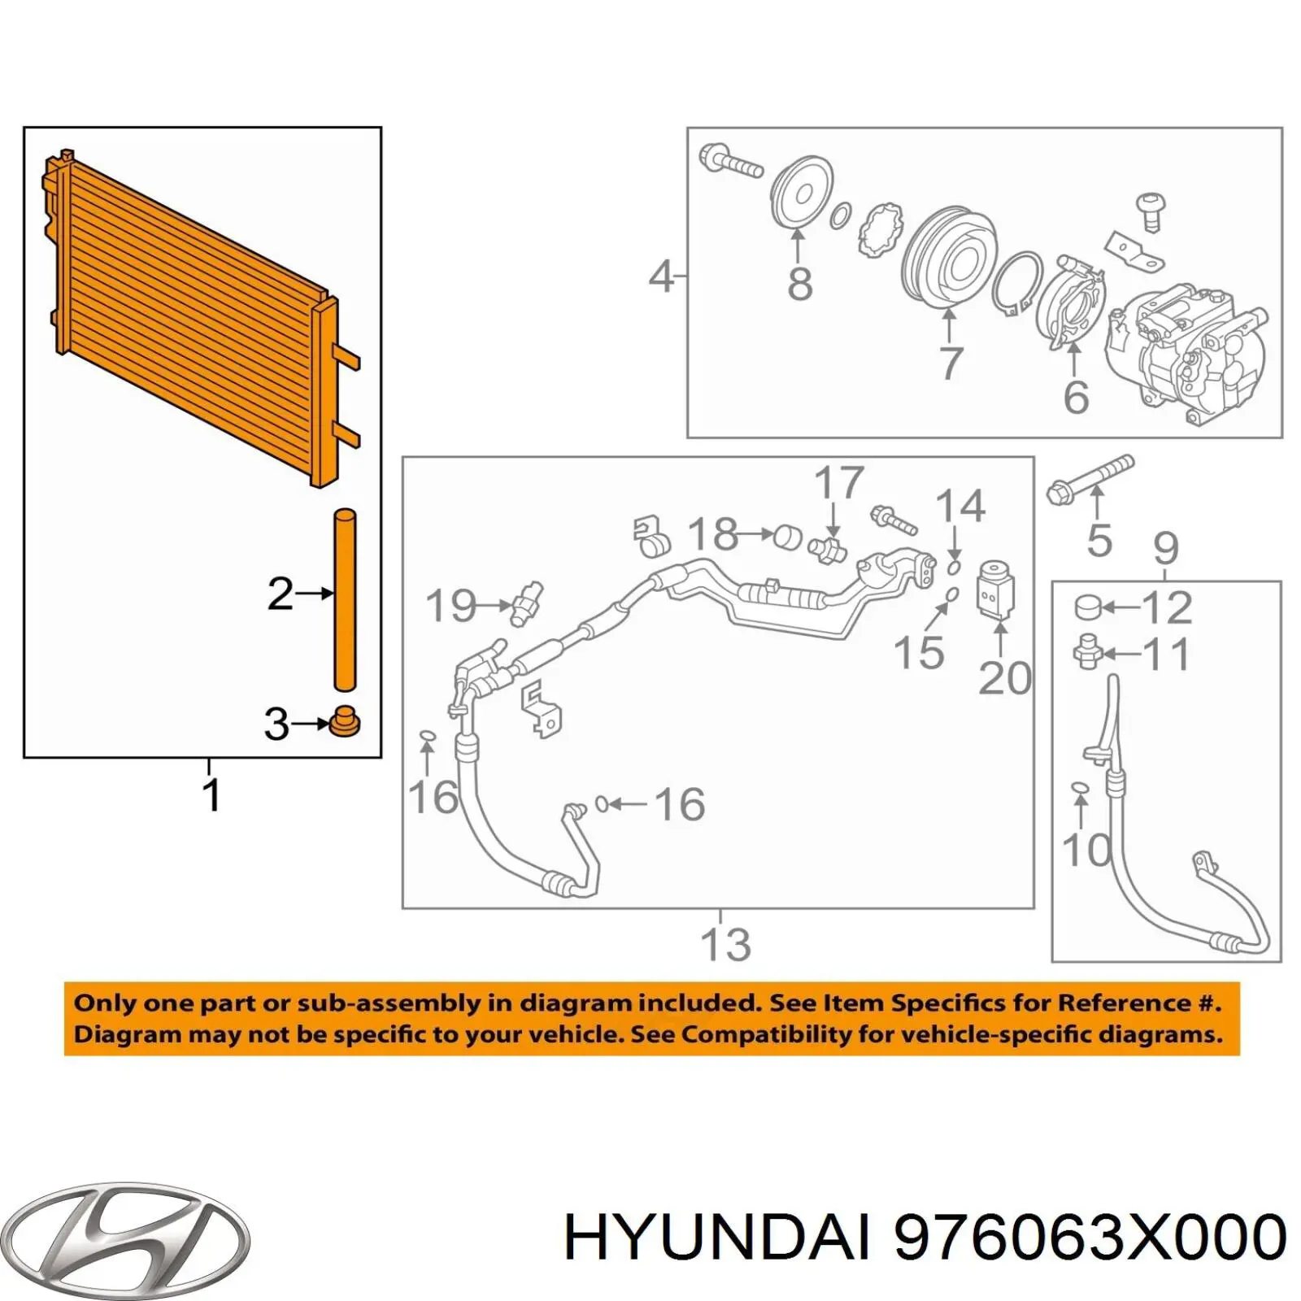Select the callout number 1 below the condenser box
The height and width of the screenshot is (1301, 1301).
point(211,795)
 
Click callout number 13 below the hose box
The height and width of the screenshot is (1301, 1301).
point(725,944)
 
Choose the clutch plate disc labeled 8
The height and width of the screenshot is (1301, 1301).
point(801,194)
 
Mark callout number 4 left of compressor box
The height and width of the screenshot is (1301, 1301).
point(660,276)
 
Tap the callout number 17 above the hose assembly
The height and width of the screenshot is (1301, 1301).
point(838,483)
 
